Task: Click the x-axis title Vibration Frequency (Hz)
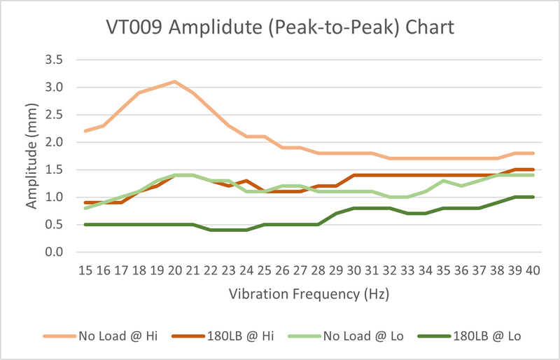(x=309, y=295)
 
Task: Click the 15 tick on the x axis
(x=84, y=270)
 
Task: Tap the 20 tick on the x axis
(x=174, y=270)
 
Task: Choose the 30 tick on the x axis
(x=354, y=270)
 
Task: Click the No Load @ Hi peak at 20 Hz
(x=174, y=81)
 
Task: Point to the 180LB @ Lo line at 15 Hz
(x=84, y=224)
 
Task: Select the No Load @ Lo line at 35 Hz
(x=444, y=181)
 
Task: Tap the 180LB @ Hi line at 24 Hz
(x=246, y=181)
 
